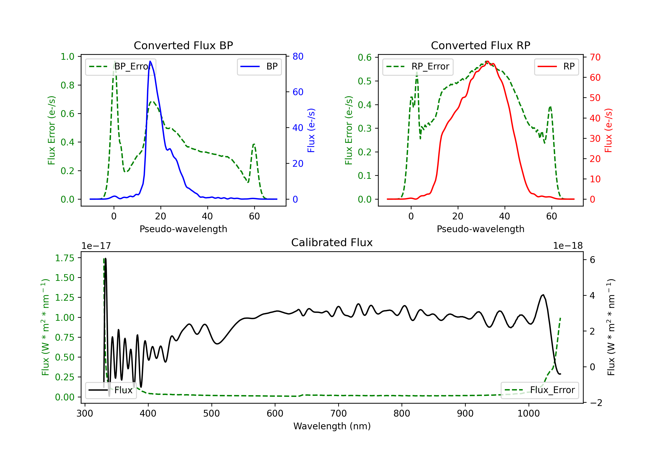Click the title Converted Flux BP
(x=183, y=45)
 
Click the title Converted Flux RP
(x=480, y=45)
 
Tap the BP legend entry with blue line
(x=259, y=66)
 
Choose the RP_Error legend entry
(x=418, y=66)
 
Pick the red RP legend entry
(x=556, y=66)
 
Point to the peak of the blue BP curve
(x=150, y=61)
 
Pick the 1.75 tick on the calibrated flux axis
(x=64, y=258)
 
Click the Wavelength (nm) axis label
(x=332, y=426)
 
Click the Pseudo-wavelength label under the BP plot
(x=183, y=229)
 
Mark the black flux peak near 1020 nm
(x=543, y=295)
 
